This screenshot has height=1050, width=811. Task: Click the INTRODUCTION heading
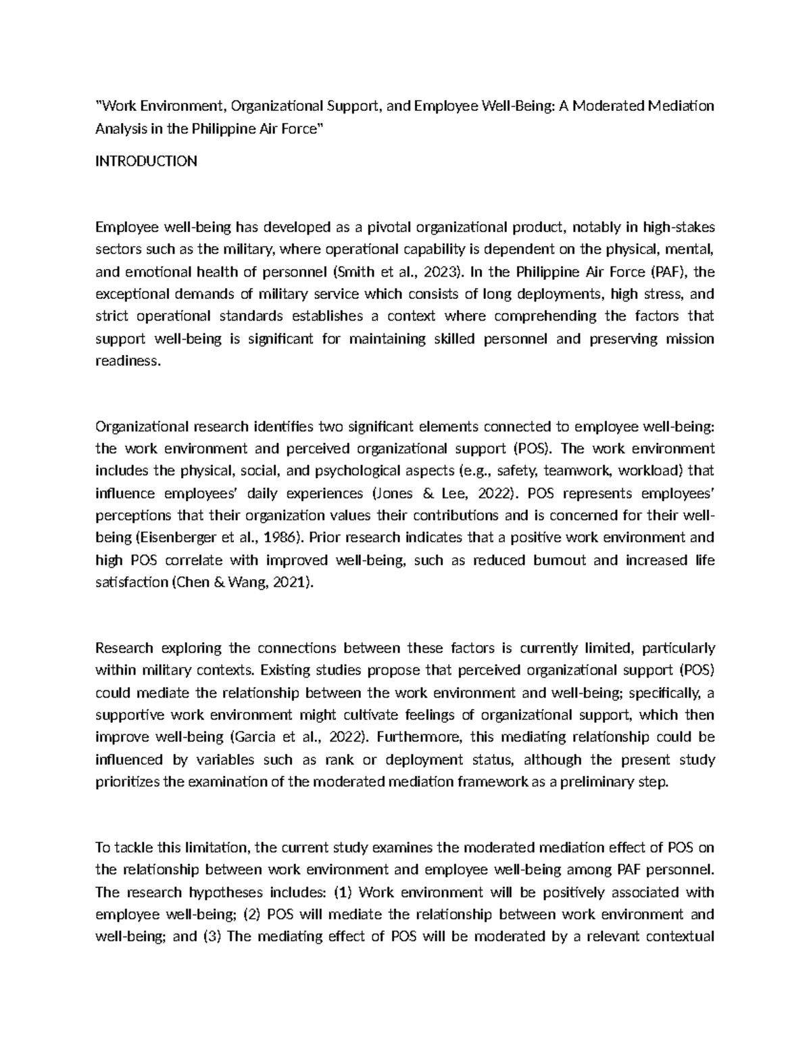pos(147,161)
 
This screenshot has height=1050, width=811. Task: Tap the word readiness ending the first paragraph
pos(128,361)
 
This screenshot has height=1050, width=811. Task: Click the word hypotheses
pos(209,892)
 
